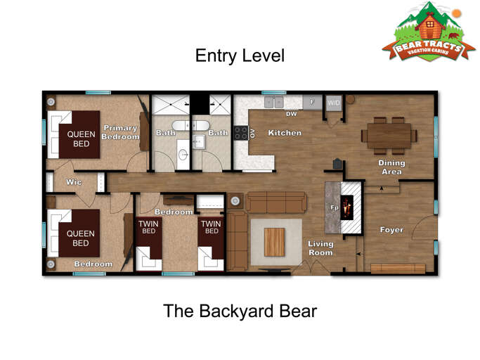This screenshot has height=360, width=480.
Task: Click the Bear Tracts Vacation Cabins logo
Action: point(429,32)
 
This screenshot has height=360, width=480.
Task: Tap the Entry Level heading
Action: point(240,56)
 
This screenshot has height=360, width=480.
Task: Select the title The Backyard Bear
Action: point(240,311)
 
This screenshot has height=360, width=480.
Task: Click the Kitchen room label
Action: point(285,133)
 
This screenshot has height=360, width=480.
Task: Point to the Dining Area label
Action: point(391,167)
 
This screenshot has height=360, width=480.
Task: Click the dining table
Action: point(389,136)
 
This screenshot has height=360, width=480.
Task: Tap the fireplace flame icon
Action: point(347,207)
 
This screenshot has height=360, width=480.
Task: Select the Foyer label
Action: point(391,229)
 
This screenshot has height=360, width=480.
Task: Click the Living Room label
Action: point(320,248)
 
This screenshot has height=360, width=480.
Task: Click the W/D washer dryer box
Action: point(334,103)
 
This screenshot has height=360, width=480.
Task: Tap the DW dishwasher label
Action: point(292,114)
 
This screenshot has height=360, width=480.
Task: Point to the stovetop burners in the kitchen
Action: point(241,133)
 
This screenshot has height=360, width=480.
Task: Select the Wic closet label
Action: point(74,182)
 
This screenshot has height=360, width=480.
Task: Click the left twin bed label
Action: point(148,227)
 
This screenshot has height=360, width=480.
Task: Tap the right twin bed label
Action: point(212,227)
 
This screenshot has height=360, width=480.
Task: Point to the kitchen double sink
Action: point(274,103)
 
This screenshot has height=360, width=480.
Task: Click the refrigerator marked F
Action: point(312,102)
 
